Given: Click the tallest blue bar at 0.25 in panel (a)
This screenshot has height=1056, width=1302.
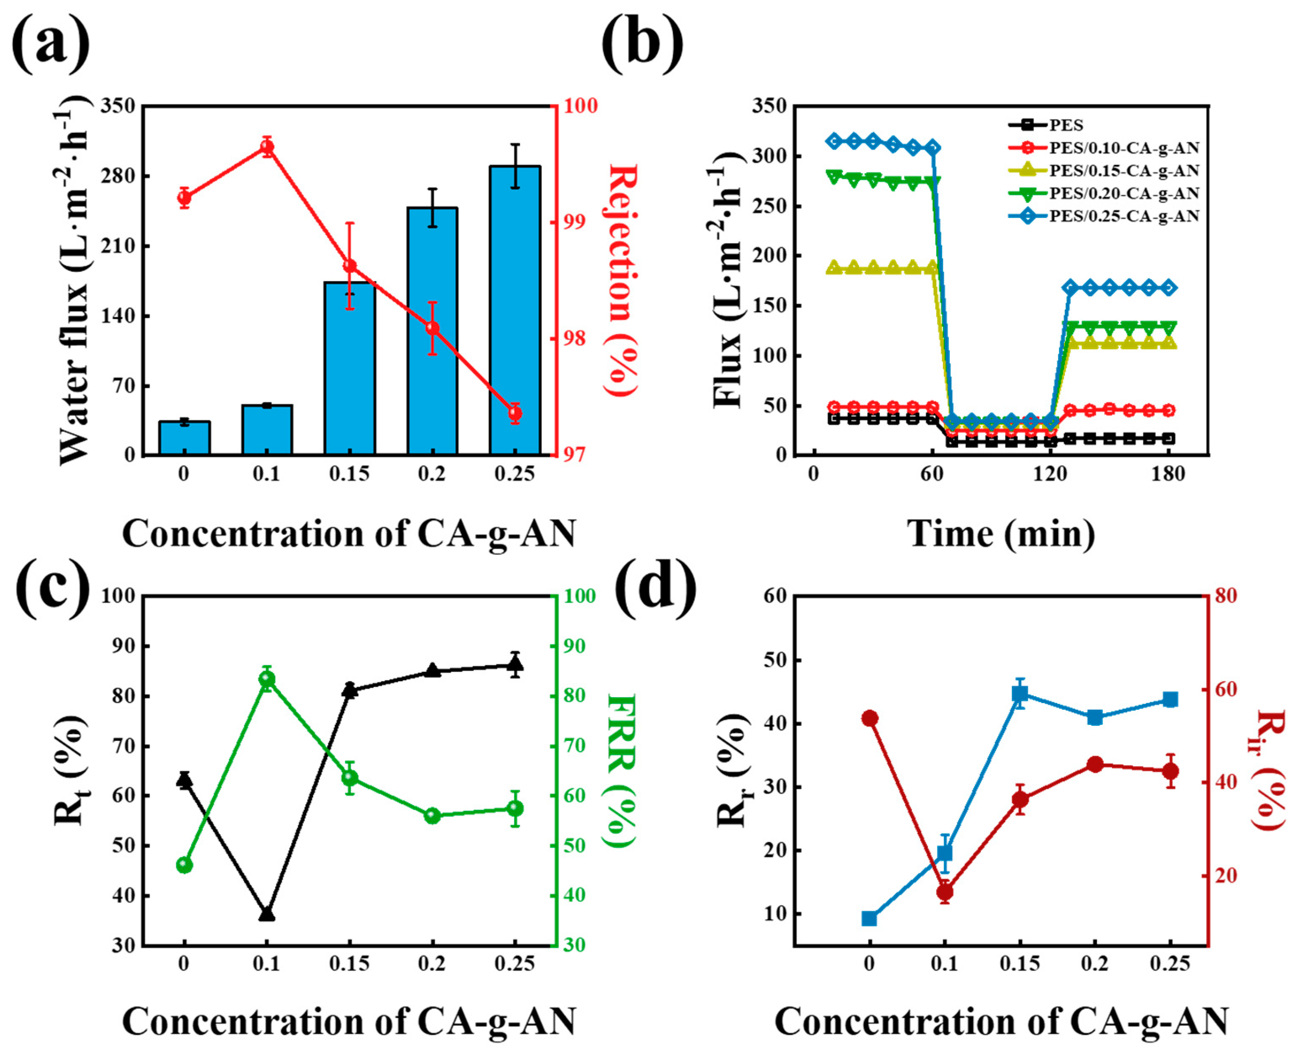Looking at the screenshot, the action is point(515,310).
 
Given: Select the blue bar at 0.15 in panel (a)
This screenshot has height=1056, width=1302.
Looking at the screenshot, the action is point(349,369).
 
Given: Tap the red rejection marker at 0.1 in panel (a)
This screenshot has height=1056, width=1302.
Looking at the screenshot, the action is point(267,146).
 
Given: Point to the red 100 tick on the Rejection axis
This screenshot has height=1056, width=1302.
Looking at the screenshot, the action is point(581,106).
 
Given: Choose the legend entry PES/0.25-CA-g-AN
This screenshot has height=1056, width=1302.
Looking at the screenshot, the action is point(1103,216).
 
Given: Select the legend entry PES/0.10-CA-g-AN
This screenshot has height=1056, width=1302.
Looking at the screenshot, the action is point(1103,148).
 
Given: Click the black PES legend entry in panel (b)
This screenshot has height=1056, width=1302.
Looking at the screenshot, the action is point(1046,125).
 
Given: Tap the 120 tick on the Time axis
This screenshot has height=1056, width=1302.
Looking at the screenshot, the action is point(1050,474).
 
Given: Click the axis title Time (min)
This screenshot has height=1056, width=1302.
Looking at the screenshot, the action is point(1001,534).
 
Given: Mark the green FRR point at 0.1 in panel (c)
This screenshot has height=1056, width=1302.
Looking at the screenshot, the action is point(267,679).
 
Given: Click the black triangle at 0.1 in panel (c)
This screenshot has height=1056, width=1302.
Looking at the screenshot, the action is point(267,914).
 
